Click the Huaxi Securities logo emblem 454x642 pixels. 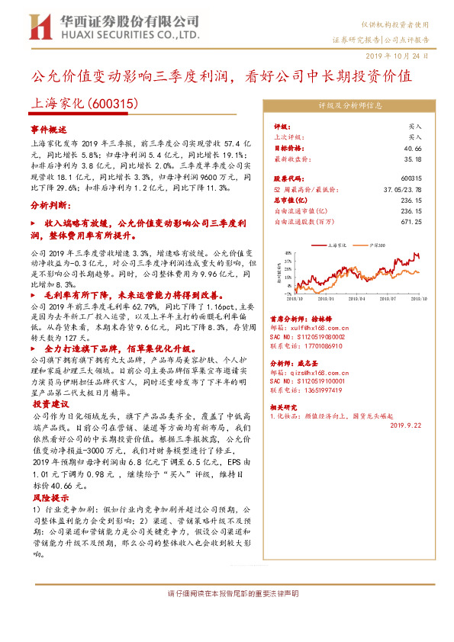click(40, 27)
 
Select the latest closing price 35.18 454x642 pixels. click(412, 159)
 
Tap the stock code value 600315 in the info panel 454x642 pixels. click(411, 177)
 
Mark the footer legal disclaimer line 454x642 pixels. click(227, 593)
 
